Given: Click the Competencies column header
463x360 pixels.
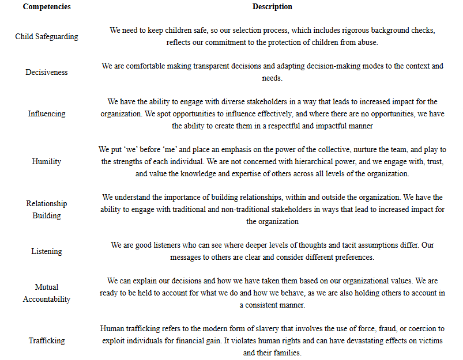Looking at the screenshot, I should coord(46,7).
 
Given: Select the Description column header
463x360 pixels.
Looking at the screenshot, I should coord(272,7).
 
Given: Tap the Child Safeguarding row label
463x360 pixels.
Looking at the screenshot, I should coord(46,36).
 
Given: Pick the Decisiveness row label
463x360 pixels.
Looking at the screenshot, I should coord(46,72).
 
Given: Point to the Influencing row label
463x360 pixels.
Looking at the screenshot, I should coord(46,113).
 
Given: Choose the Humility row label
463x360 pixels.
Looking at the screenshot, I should coord(46,161).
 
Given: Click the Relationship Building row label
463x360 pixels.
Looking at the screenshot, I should coord(46,210).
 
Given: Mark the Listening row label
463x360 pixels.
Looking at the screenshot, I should coord(46,251).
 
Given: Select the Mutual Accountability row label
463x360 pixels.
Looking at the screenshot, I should coord(46,293).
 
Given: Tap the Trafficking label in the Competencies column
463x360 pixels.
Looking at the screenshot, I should coord(46,340).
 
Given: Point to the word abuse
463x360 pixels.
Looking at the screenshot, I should coord(366,43).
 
